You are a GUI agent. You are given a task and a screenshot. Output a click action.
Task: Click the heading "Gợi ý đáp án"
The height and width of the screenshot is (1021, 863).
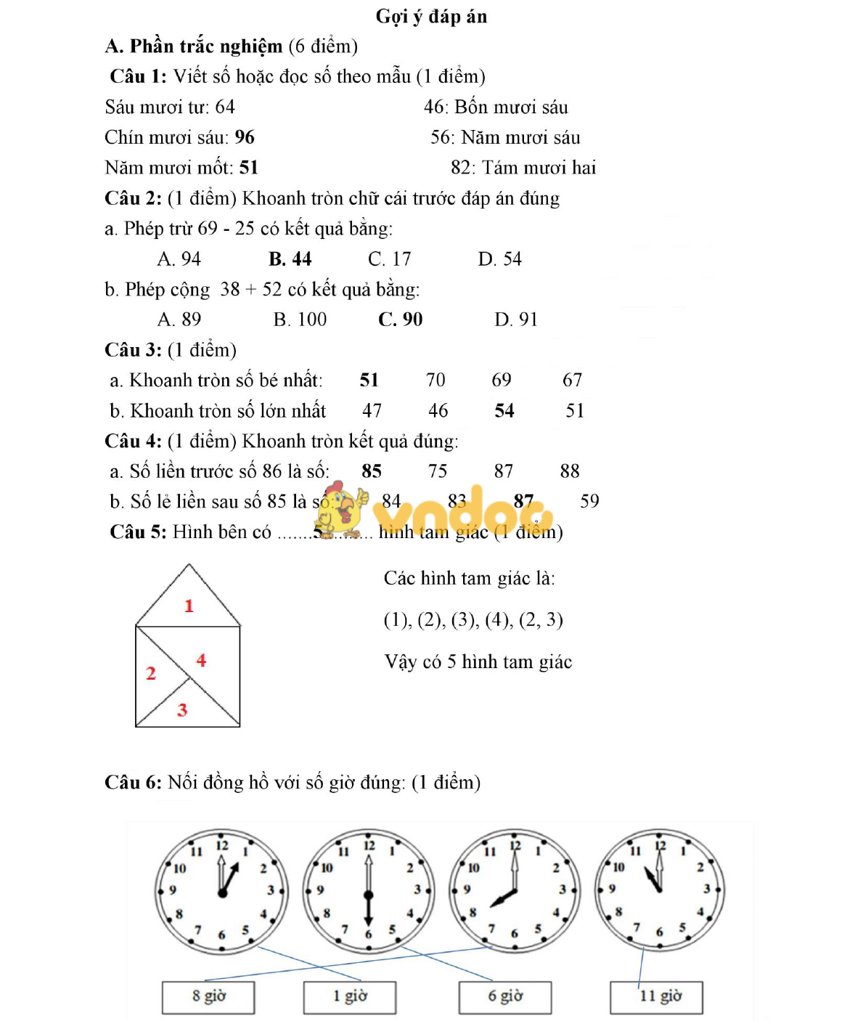431,17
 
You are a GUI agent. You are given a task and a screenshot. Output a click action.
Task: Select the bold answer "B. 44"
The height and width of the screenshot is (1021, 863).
290,259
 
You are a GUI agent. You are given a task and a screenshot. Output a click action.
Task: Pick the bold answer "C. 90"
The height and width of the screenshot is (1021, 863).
400,320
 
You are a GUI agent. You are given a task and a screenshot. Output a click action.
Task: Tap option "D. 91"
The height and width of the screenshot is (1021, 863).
515,320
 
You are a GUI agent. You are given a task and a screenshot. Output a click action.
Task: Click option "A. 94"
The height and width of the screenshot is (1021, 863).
179,259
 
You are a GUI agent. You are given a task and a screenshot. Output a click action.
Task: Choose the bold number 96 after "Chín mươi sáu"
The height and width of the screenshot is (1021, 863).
245,137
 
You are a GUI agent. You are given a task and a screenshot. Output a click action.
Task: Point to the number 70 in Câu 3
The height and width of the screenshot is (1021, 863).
435,380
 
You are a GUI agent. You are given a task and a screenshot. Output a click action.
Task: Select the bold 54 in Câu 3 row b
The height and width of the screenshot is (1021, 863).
504,411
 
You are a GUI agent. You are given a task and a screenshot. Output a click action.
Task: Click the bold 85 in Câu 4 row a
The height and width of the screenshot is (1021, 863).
372,471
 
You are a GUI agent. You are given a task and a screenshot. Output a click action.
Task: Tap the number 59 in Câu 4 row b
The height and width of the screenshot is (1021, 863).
589,501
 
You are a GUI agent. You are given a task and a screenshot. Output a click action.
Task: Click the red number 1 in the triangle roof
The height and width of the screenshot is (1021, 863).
189,606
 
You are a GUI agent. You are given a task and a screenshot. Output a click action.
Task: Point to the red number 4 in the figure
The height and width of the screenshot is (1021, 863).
201,660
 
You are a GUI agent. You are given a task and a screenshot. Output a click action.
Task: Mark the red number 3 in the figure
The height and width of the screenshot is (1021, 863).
182,709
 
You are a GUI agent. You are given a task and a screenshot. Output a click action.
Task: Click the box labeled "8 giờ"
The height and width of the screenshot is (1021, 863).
208,996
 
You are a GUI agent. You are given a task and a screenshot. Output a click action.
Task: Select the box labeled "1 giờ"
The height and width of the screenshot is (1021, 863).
350,996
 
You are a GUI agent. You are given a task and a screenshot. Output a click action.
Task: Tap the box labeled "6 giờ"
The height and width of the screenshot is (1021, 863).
505,996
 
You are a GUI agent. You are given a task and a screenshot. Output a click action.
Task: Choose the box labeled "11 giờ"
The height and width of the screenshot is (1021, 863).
657,996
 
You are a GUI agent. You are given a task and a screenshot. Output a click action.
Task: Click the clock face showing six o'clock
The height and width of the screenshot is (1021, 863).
368,890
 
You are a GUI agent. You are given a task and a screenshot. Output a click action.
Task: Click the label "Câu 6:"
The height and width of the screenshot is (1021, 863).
133,782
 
